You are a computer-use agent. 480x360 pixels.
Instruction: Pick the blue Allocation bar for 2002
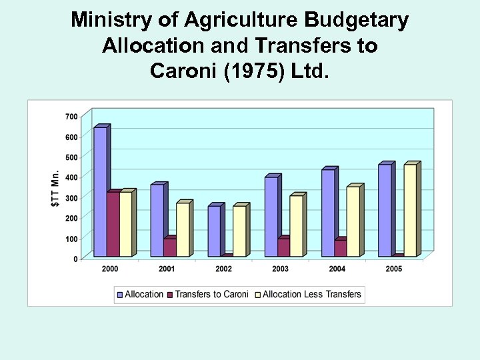tap(213, 231)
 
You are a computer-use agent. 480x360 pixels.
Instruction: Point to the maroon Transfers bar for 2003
tap(283, 247)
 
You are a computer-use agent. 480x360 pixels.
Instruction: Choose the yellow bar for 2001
tap(182, 229)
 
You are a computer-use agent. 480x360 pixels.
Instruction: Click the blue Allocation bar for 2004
tap(327, 213)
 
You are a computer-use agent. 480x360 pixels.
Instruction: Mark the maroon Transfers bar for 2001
tap(169, 247)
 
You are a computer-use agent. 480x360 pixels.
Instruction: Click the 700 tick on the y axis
tap(71, 116)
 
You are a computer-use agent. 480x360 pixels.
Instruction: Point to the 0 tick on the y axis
tap(75, 259)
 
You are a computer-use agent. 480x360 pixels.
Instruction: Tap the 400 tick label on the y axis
tap(71, 177)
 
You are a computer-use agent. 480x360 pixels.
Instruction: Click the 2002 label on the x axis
tap(223, 269)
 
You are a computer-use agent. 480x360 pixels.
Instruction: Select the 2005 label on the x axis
tap(394, 269)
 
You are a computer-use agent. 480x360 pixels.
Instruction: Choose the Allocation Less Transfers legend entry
tap(312, 294)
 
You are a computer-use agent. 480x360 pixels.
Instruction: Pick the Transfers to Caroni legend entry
tap(211, 294)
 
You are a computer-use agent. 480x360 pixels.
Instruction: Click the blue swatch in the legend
tap(120, 295)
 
